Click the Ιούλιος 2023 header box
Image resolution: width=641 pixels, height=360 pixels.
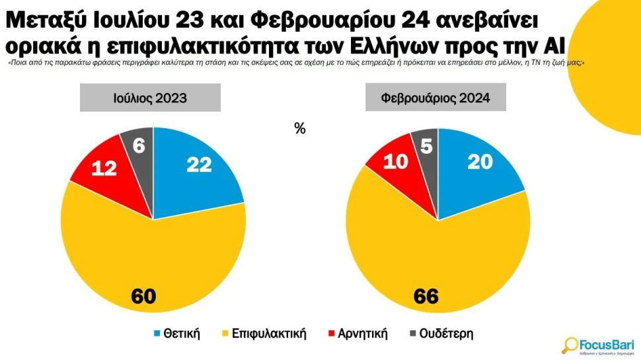[x=150, y=98]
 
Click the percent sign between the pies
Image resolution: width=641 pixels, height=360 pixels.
[x=300, y=129]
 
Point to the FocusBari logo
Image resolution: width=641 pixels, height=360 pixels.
[x=598, y=345]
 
